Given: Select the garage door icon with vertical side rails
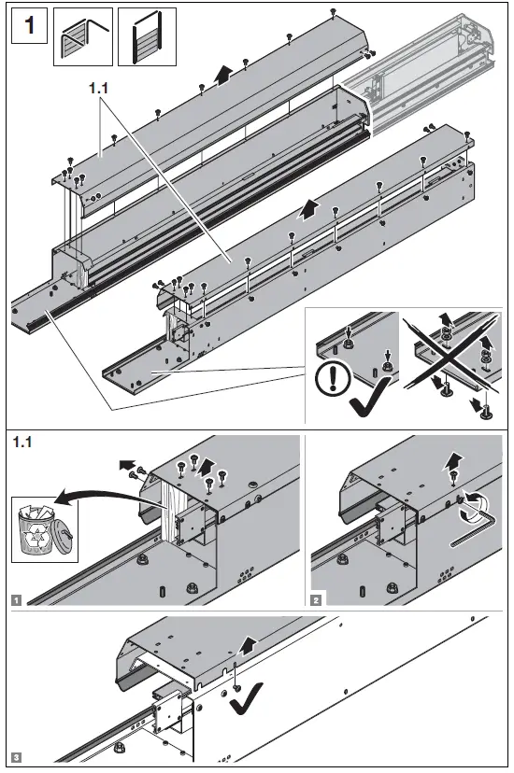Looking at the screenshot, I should [x=147, y=37].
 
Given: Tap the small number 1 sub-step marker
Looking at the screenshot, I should [x=18, y=600].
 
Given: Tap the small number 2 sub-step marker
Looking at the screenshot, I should [x=318, y=600].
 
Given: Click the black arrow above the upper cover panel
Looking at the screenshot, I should [x=221, y=76].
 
